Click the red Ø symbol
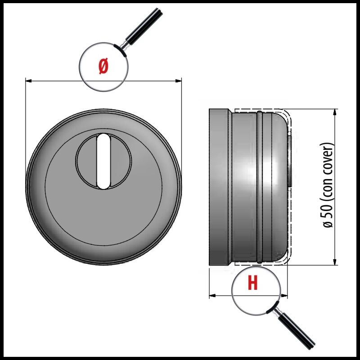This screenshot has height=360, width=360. pos(103,66)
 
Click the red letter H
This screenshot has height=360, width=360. pos(253,283)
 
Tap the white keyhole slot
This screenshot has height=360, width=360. pos(103,162)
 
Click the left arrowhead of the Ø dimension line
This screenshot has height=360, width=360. pos(28,81)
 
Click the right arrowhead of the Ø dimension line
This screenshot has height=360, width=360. pos(178,81)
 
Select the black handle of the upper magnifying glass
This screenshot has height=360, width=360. pos(144,27)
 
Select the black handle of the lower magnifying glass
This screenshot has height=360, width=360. pos(297,331)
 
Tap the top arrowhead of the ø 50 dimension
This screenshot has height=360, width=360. pos(335,112)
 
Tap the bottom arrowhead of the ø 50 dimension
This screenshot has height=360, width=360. pos(335,262)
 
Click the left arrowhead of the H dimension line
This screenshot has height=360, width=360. pos(212,296)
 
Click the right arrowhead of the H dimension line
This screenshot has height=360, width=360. pos(284,296)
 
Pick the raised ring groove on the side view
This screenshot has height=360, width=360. pos(260,187)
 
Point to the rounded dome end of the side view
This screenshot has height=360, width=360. pos(279,187)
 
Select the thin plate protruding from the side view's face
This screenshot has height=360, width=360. pos(289,161)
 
